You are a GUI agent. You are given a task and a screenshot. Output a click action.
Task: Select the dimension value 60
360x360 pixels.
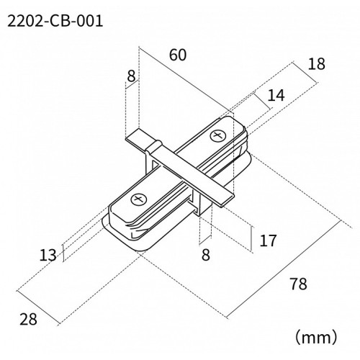click(178, 55)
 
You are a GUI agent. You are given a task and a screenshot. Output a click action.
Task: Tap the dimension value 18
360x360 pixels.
click(315, 64)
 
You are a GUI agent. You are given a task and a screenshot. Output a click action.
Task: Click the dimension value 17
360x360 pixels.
click(267, 240)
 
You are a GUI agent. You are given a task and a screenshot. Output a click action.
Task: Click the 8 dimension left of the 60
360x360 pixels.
click(130, 76)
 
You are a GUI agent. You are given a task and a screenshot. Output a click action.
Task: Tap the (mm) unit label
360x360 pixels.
click(314, 336)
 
